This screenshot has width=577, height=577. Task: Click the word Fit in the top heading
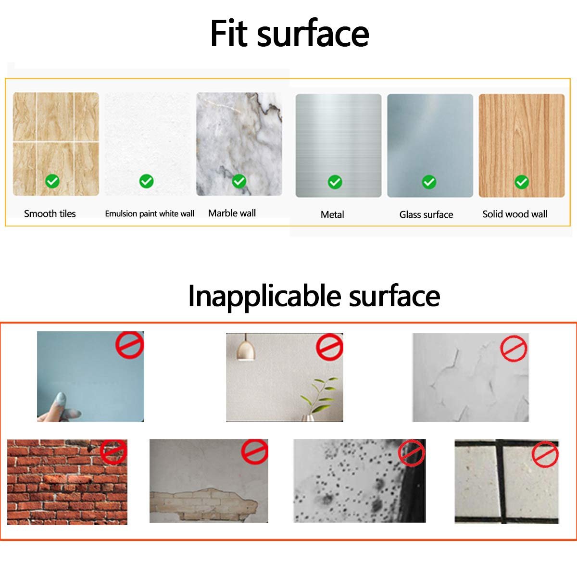pyautogui.click(x=229, y=33)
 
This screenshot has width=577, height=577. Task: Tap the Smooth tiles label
pyautogui.click(x=50, y=213)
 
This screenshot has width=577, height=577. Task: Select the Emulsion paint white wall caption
pyautogui.click(x=150, y=213)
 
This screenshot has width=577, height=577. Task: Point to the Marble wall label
pyautogui.click(x=232, y=213)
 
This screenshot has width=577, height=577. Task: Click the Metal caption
pyautogui.click(x=332, y=214)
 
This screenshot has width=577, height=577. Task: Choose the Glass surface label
pyautogui.click(x=426, y=214)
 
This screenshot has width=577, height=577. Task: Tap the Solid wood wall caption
pyautogui.click(x=514, y=214)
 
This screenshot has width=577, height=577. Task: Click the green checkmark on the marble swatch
pyautogui.click(x=239, y=181)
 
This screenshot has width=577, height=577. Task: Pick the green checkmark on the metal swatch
pyautogui.click(x=335, y=182)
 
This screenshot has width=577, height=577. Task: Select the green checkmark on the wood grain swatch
pyautogui.click(x=522, y=182)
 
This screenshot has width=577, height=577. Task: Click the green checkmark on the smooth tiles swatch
pyautogui.click(x=52, y=181)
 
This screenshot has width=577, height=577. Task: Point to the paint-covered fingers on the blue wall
pyautogui.click(x=63, y=408)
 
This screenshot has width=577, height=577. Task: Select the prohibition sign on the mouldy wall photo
pyautogui.click(x=412, y=453)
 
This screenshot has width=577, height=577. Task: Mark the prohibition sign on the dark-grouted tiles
pyautogui.click(x=545, y=454)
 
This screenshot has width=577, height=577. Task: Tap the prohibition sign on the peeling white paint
pyautogui.click(x=514, y=349)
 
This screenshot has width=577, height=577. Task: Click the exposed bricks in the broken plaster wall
pyautogui.click(x=203, y=504)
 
